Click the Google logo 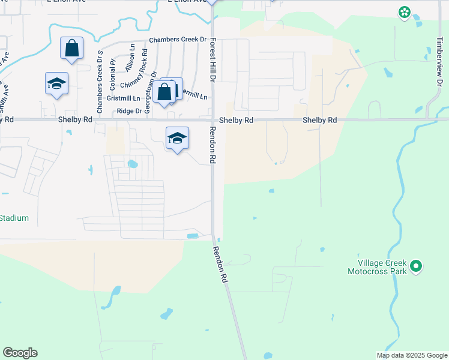(x=20, y=353)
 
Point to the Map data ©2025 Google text (x=412, y=355)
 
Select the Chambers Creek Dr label (x=178, y=40)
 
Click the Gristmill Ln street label (x=123, y=98)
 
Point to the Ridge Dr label (x=130, y=111)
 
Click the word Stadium (x=14, y=218)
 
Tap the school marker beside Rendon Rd (x=177, y=139)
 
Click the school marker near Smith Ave (x=56, y=83)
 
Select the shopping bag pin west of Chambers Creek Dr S (x=71, y=48)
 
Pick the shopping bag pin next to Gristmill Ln (x=164, y=92)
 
